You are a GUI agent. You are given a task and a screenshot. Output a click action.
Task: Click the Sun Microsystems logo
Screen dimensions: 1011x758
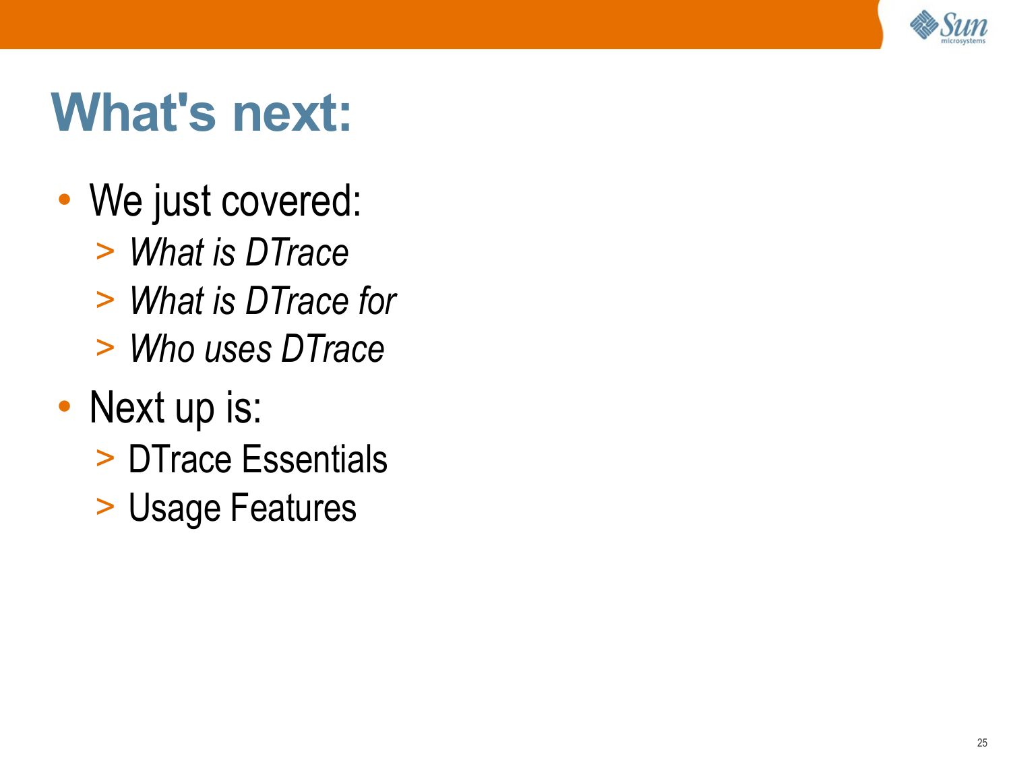point(948,27)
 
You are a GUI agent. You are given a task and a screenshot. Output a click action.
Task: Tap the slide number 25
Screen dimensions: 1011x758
point(982,743)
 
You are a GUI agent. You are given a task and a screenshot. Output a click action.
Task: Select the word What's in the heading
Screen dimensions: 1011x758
point(133,112)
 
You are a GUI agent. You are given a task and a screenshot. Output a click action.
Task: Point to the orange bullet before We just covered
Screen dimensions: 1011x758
point(65,199)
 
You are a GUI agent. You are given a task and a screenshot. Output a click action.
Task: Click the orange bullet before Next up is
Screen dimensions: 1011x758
point(65,406)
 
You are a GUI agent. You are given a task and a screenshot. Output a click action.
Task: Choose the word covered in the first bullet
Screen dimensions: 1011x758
point(291,201)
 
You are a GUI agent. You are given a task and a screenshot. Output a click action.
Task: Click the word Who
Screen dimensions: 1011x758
point(162,348)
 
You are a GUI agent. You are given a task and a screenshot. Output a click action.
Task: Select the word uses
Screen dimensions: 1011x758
point(238,350)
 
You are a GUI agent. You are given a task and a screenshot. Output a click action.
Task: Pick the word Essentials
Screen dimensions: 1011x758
point(315,459)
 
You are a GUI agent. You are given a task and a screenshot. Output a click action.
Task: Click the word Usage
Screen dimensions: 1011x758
point(175,509)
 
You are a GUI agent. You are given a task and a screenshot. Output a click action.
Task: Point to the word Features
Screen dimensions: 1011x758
point(293,507)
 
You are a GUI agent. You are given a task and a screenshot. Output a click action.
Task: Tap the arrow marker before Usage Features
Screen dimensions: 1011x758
point(105,506)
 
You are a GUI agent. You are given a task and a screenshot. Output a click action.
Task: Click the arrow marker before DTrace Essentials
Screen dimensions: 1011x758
point(105,458)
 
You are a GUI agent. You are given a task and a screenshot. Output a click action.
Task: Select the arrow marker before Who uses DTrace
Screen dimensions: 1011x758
point(105,348)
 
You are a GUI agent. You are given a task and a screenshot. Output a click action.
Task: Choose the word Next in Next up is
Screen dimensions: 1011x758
point(127,407)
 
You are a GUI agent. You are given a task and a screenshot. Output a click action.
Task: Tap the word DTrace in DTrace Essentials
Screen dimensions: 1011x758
point(180,459)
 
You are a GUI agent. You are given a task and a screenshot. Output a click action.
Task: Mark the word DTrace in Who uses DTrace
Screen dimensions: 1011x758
point(332,348)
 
